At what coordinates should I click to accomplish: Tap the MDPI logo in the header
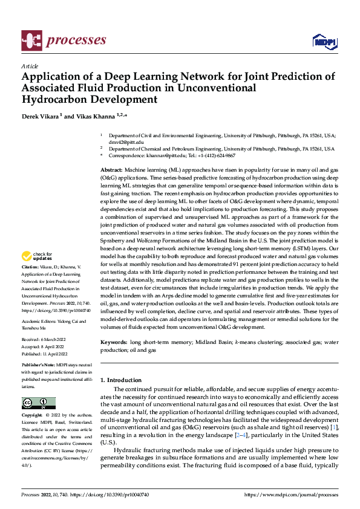click(324, 41)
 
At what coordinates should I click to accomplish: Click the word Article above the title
click(30, 66)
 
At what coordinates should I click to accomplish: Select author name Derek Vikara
click(39, 116)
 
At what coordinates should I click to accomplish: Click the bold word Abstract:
click(112, 172)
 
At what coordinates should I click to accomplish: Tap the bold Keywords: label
click(114, 342)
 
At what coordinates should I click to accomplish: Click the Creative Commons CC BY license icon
click(38, 403)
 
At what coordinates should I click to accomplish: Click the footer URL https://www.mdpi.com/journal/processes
click(290, 494)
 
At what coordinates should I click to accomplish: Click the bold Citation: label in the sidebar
click(30, 283)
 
